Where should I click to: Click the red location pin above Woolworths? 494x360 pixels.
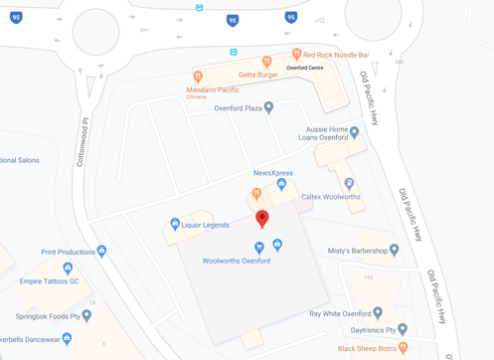click(262, 218)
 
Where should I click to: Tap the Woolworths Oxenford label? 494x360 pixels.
click(237, 261)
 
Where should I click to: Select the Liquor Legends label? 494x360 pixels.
click(206, 225)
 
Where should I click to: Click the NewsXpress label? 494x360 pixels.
click(273, 173)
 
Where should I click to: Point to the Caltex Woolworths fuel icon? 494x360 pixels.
click(349, 184)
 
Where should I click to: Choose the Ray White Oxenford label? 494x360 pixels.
click(340, 313)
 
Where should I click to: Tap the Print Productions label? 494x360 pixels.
click(68, 253)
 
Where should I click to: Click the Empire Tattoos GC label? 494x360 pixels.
click(50, 281)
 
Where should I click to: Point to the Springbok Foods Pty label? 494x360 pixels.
click(48, 316)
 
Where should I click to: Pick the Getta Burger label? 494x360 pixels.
click(258, 75)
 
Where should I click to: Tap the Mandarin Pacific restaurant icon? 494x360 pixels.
click(198, 77)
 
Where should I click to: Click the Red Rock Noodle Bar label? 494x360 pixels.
click(336, 55)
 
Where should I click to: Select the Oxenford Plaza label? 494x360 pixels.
click(238, 108)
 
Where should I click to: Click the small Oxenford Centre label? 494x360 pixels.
click(304, 68)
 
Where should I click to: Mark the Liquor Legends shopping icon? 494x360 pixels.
click(175, 225)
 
